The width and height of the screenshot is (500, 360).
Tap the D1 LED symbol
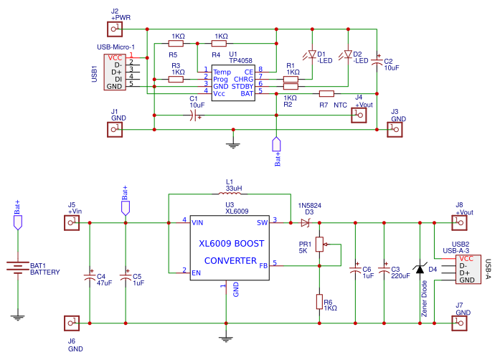click(311, 55)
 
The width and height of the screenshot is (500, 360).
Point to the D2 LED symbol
click(348, 55)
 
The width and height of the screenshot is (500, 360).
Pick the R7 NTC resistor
click(326, 93)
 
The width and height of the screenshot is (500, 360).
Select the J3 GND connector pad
click(393, 129)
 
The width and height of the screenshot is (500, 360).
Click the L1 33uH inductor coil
click(230, 194)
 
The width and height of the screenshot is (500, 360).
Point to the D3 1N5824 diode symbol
click(306, 223)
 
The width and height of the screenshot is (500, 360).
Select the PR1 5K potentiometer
click(319, 245)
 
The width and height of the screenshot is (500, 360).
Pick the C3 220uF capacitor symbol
click(383, 270)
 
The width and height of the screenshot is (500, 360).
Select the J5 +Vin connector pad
click(72, 223)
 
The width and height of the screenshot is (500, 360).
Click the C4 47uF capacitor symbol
click(90, 275)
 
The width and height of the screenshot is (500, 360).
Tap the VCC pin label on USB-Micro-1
click(115, 57)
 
